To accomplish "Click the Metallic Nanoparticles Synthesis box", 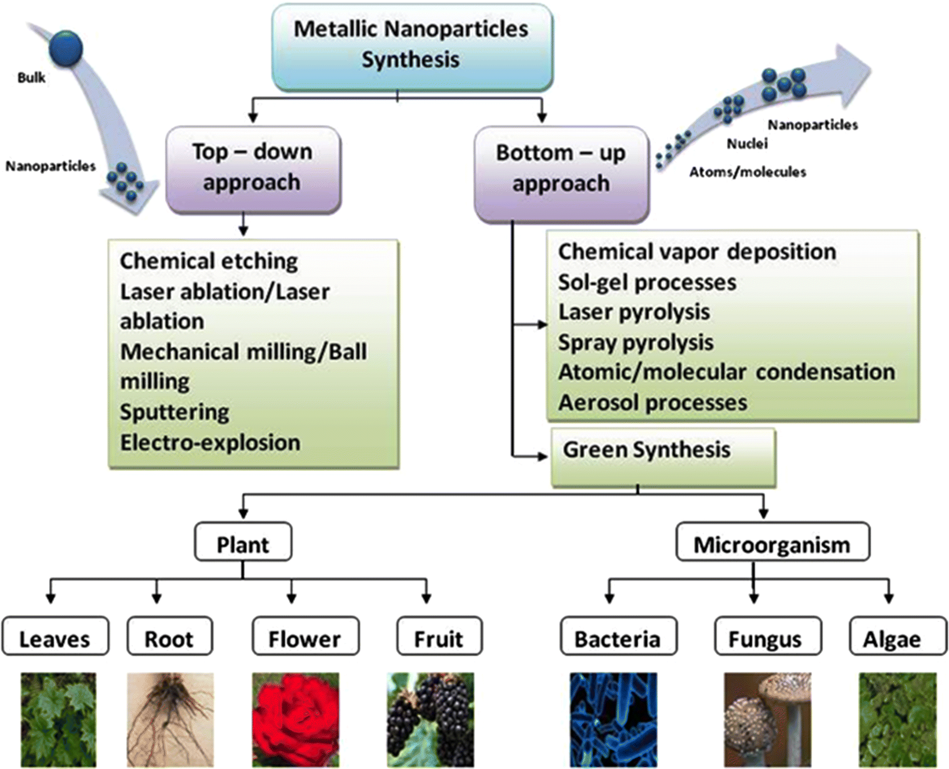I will click(412, 46).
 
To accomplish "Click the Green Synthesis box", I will click(663, 457).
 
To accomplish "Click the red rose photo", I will click(296, 719).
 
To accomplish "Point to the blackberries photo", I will click(430, 719).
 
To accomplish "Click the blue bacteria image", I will click(613, 719).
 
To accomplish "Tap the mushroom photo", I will click(767, 719).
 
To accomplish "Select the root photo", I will click(170, 719).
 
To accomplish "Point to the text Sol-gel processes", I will click(647, 283).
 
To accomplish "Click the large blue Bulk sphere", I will click(66, 48).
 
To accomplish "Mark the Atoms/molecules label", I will click(748, 172).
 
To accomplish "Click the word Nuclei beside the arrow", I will click(747, 144).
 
